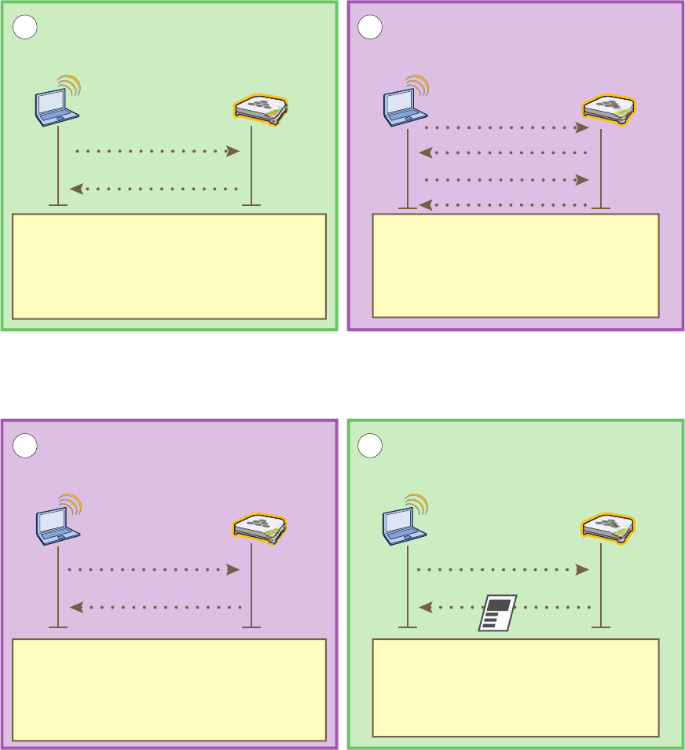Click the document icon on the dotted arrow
click(x=496, y=612)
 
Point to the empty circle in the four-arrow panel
click(x=369, y=28)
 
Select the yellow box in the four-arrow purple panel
click(x=515, y=265)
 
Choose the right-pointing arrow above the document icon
click(x=503, y=569)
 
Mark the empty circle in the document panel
click(x=369, y=446)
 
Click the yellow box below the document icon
click(x=515, y=687)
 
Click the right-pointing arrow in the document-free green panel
click(x=157, y=151)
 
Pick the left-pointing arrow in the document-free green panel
click(x=154, y=189)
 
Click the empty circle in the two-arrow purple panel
click(x=26, y=446)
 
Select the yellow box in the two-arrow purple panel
click(x=169, y=689)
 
